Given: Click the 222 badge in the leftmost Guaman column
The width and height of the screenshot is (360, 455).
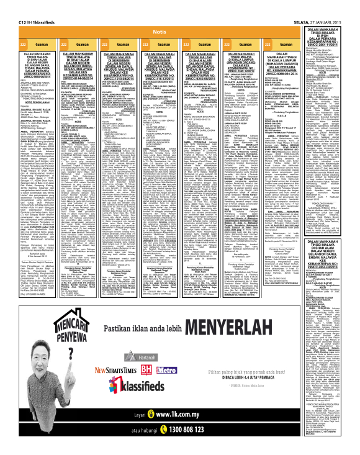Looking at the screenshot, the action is [x=23, y=46].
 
